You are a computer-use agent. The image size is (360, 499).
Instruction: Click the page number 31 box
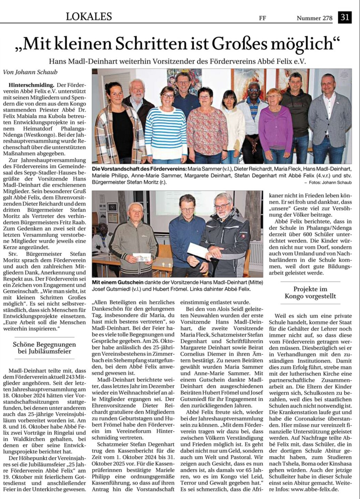(344, 17)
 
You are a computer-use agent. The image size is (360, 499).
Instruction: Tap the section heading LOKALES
(89, 16)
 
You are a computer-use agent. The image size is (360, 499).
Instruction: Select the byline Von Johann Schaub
(30, 72)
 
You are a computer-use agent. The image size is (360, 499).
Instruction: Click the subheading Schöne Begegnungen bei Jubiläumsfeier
(44, 348)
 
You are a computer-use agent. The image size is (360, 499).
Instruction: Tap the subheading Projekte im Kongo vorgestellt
(310, 293)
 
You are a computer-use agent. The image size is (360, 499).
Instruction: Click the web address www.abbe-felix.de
(314, 489)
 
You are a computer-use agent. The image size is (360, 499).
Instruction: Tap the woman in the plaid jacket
(118, 126)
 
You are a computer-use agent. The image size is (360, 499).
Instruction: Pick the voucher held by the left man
(142, 257)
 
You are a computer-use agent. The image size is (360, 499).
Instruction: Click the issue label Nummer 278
(314, 18)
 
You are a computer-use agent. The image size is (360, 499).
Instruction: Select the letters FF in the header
(262, 18)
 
